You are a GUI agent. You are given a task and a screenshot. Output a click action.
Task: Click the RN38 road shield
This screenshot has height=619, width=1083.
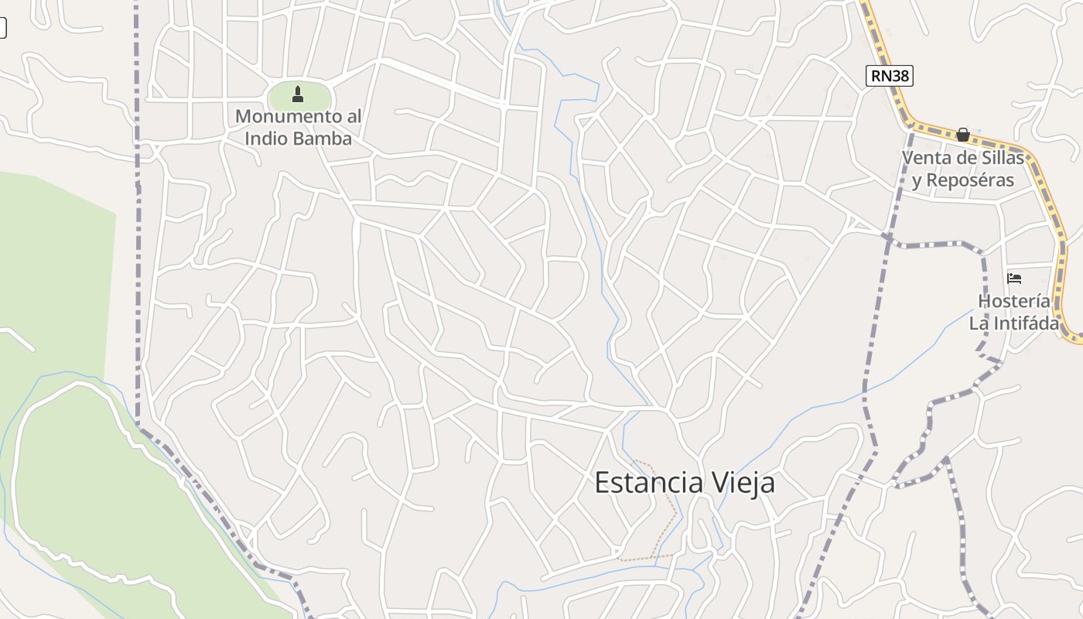(889, 75)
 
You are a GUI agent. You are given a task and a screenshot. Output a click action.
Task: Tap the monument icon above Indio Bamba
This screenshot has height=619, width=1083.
(298, 94)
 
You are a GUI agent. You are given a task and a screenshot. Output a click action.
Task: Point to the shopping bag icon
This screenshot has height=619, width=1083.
(962, 135)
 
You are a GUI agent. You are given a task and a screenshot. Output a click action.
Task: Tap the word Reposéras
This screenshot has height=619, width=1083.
(970, 181)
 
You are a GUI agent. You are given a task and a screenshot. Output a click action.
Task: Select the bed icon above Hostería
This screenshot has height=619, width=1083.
(1014, 279)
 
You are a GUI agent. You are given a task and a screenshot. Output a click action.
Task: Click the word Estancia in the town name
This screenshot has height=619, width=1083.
(648, 483)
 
